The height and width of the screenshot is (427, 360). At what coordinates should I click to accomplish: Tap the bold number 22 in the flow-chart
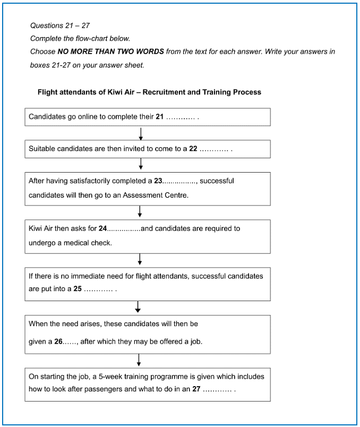pos(193,149)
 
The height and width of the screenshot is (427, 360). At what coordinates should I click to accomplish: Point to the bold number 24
pos(102,229)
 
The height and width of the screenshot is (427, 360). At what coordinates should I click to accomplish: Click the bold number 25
pos(78,290)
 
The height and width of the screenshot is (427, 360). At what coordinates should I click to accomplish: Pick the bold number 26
pos(58,342)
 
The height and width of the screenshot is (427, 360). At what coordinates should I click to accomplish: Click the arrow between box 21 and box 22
pos(141,133)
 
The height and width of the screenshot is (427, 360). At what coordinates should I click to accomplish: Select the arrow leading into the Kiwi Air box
pos(140,212)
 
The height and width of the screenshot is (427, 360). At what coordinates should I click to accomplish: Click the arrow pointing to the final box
pos(139,360)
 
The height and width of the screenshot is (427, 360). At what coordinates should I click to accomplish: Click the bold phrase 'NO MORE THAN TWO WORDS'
pos(110,52)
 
